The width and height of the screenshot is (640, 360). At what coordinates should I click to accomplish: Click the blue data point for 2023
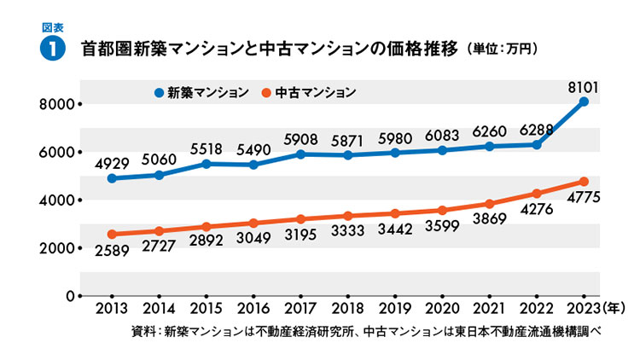584,102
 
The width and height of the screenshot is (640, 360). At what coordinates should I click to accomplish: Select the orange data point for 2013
112,234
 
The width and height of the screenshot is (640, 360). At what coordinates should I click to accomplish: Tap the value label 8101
583,85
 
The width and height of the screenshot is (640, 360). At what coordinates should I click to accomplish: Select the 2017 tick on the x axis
300,307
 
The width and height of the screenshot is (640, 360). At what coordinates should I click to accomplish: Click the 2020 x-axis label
442,307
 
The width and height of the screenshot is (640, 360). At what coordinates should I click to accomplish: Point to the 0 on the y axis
71,296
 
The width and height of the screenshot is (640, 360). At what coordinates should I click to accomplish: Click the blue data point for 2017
300,154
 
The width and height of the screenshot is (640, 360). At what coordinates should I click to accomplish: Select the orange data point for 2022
537,194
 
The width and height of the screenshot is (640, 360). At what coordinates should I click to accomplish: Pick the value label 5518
206,148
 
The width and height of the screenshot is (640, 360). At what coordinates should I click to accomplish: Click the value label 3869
489,220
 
